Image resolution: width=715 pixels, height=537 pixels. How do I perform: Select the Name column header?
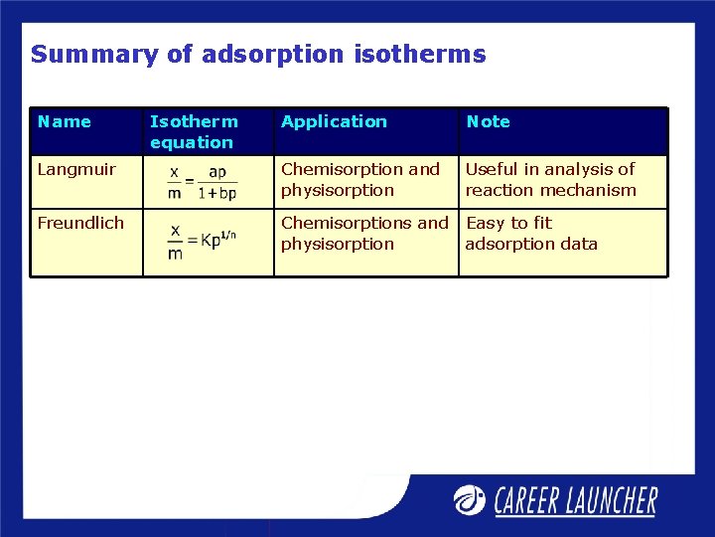click(64, 122)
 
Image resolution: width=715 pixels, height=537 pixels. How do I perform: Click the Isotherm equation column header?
click(194, 131)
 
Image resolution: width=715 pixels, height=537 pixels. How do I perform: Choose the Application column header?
click(334, 122)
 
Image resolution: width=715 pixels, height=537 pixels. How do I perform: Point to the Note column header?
click(488, 122)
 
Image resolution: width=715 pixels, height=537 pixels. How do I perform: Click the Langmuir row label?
click(76, 170)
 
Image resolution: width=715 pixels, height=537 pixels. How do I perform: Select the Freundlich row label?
click(80, 224)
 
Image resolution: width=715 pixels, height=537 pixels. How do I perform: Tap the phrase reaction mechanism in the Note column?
click(550, 191)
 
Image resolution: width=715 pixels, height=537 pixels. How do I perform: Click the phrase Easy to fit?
click(508, 224)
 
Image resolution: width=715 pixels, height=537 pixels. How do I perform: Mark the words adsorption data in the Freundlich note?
click(531, 245)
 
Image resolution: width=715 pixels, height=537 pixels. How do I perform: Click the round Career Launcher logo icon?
click(470, 499)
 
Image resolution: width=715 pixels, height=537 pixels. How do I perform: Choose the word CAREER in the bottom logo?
click(531, 500)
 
